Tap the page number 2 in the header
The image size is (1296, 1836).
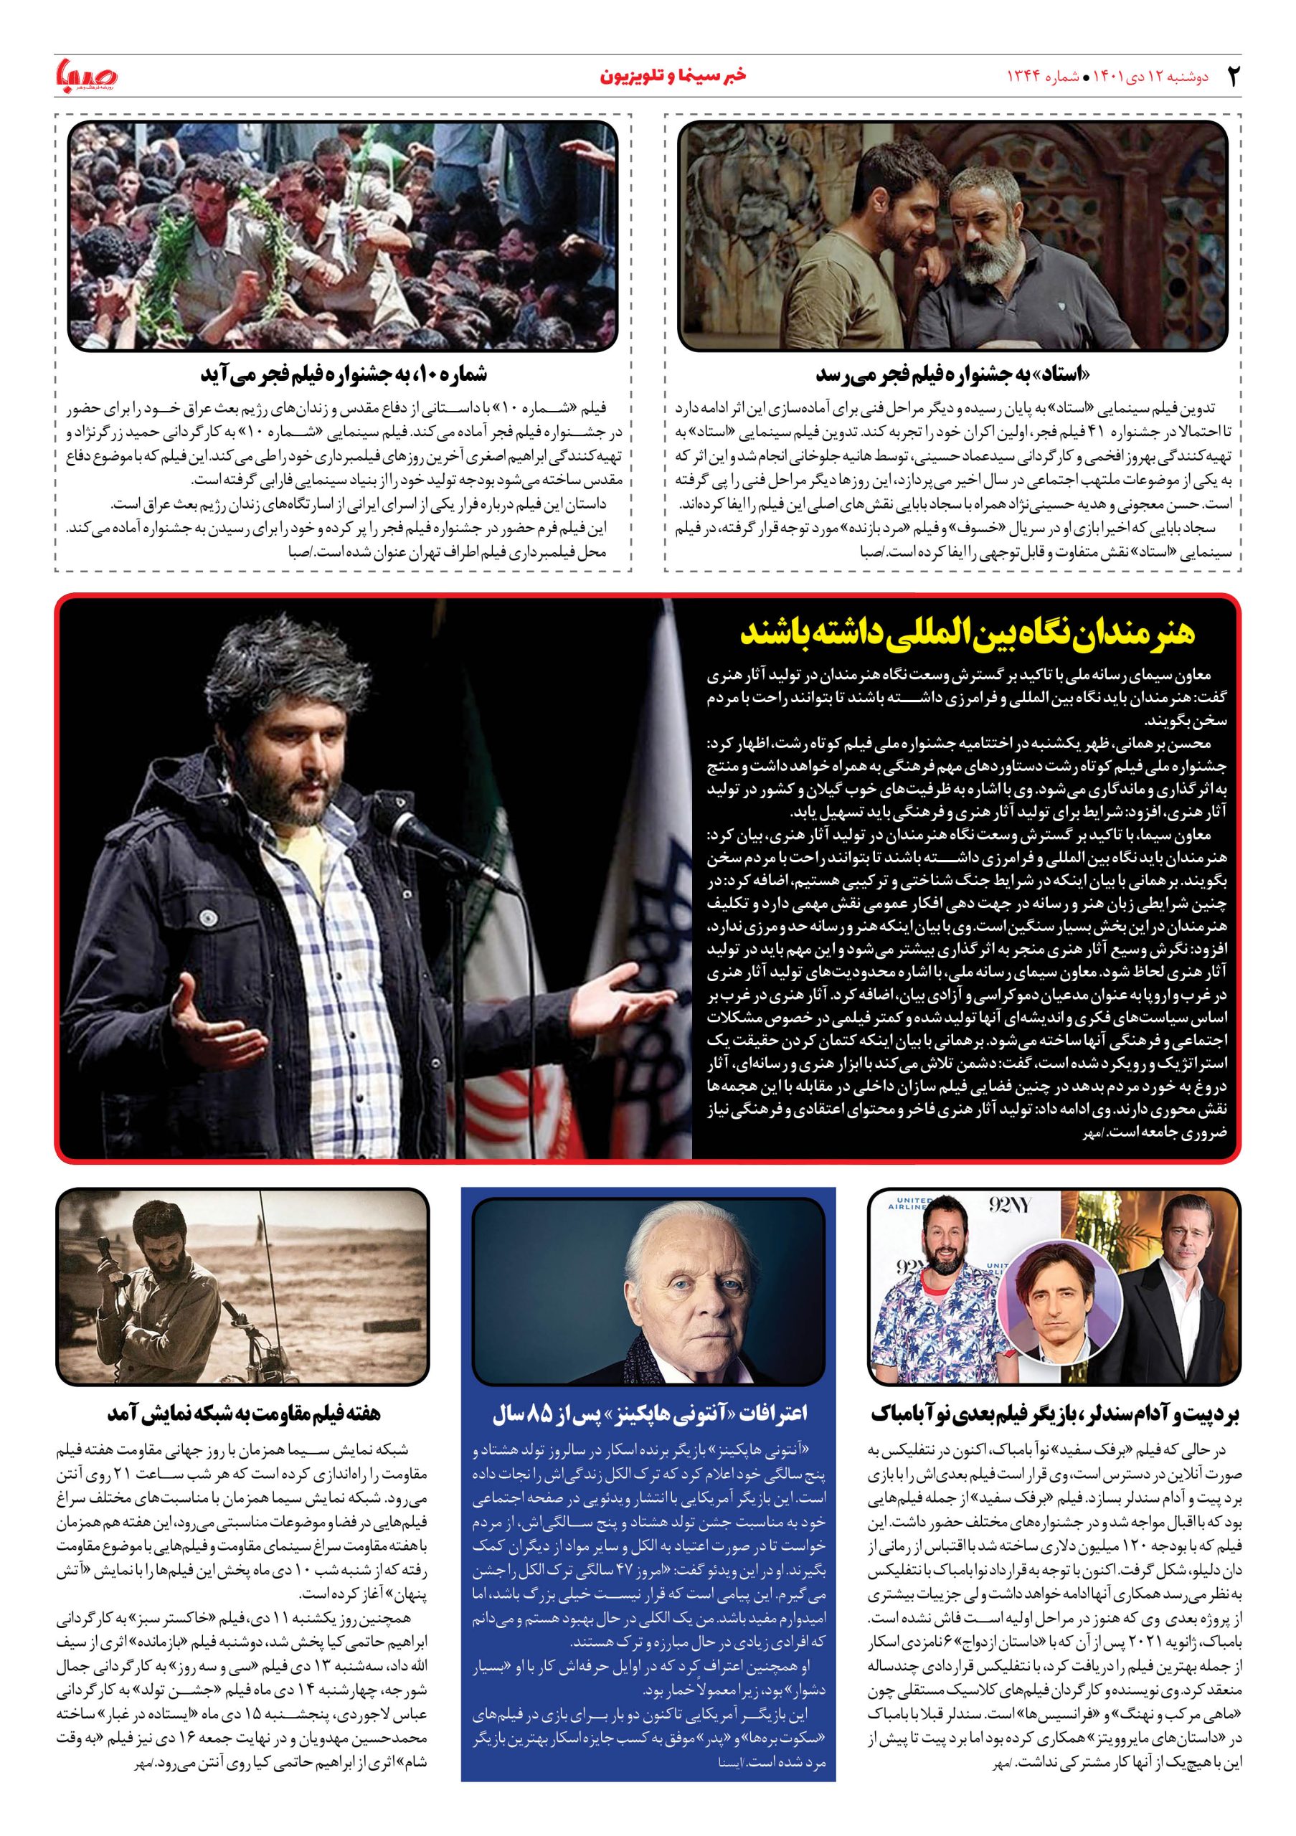pyautogui.click(x=1232, y=76)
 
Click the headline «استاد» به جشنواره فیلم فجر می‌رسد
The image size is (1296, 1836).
pyautogui.click(x=952, y=374)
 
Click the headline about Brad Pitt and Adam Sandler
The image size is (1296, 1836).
pyautogui.click(x=1054, y=1414)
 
